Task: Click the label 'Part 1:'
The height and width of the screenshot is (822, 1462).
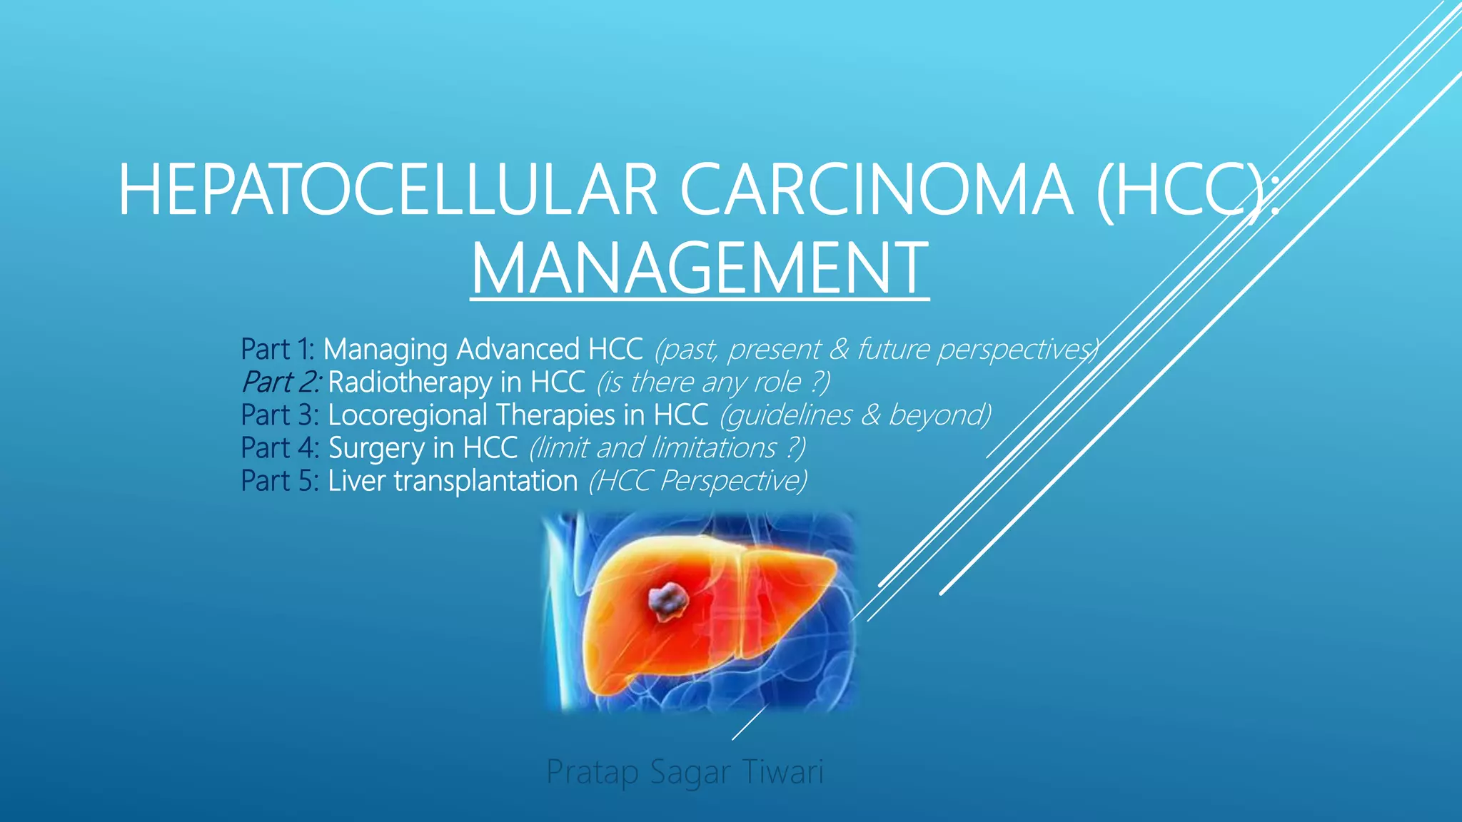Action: click(x=277, y=350)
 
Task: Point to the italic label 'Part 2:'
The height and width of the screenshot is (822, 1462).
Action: click(x=281, y=382)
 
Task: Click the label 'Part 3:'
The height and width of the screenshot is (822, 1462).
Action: click(x=279, y=415)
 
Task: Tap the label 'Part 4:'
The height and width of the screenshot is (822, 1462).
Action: click(x=279, y=448)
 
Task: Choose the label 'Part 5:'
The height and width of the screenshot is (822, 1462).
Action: click(x=279, y=481)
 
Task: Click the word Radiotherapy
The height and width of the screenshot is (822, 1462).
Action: click(x=409, y=382)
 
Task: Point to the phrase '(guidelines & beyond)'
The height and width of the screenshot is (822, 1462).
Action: click(x=855, y=415)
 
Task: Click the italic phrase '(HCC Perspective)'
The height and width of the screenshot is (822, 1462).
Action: click(x=697, y=481)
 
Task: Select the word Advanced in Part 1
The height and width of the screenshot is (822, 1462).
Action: click(x=518, y=350)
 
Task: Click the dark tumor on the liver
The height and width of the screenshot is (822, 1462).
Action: click(x=667, y=600)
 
